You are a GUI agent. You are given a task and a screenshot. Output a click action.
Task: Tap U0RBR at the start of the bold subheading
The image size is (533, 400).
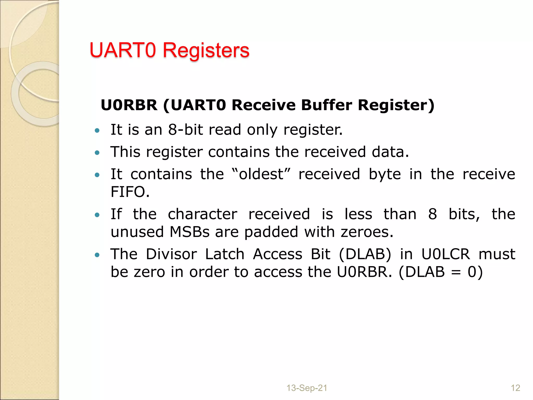[x=129, y=105]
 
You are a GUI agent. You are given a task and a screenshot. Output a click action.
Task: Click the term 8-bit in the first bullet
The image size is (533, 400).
[x=185, y=130]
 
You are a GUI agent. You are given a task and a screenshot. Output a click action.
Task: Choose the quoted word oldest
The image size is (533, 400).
[x=261, y=174]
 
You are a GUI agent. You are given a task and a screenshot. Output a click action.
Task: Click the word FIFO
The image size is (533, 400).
[x=130, y=192]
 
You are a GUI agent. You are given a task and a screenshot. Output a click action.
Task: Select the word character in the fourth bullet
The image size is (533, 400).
[x=202, y=214]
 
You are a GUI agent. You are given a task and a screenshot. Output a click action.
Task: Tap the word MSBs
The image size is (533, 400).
[x=189, y=232]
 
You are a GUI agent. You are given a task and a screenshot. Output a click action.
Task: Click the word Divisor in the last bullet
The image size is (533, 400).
[x=171, y=254]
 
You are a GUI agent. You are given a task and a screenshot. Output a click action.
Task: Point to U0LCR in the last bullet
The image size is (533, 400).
[x=446, y=254]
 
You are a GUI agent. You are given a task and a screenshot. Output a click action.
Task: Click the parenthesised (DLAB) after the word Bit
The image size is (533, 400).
[x=365, y=254]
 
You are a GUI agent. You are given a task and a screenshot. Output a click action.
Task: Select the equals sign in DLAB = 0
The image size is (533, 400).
[x=456, y=272]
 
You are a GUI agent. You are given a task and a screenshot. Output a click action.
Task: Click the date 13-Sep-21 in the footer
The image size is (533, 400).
[x=307, y=388]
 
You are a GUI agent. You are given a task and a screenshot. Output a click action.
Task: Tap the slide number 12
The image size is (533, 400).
[x=515, y=388]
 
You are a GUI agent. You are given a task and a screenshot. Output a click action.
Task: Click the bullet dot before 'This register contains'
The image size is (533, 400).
[x=97, y=153]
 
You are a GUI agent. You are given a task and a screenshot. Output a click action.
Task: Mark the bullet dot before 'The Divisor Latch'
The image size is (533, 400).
[x=97, y=255]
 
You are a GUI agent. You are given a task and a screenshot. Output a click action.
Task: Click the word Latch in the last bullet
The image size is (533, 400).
[x=225, y=254]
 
